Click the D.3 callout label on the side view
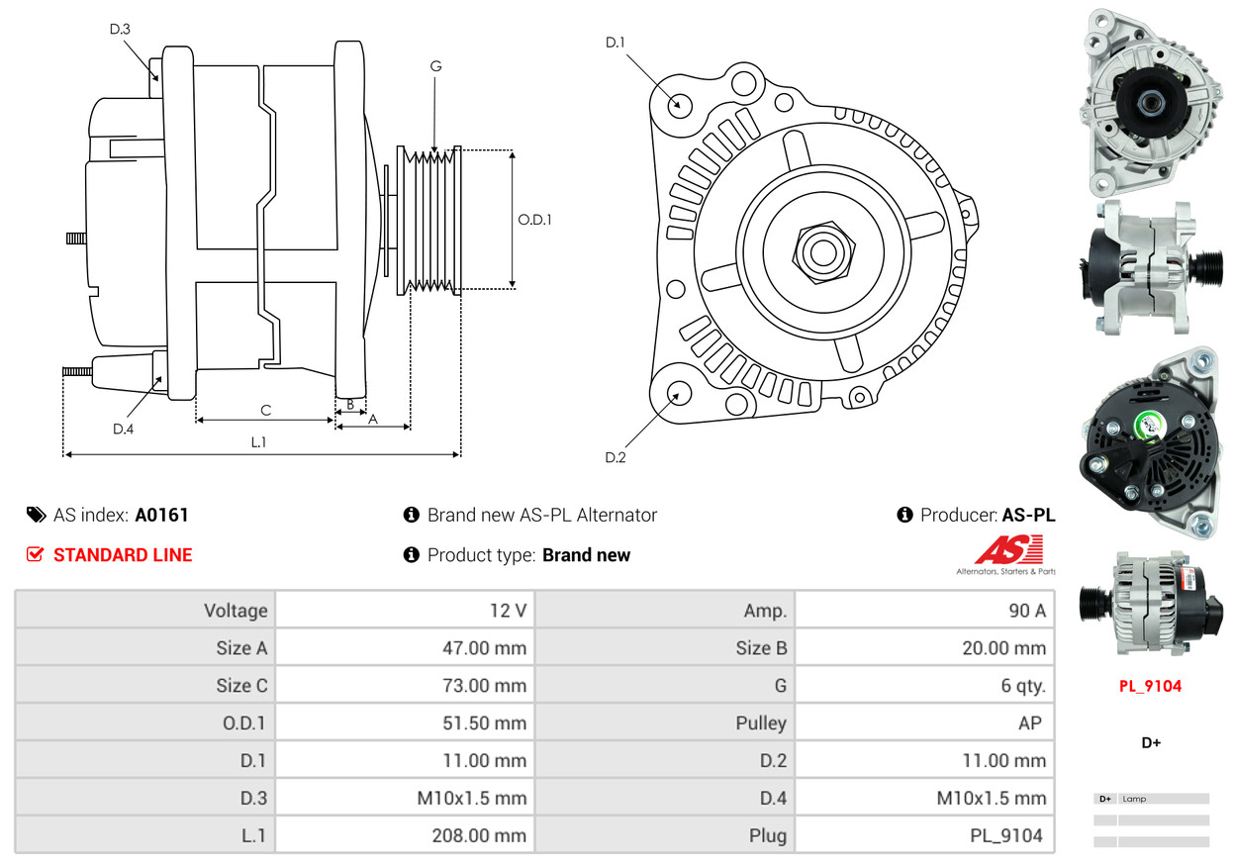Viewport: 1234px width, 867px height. tap(120, 29)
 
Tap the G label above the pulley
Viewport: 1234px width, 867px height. tap(435, 66)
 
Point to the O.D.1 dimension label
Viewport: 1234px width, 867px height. tap(534, 220)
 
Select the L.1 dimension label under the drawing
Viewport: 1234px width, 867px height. tap(258, 442)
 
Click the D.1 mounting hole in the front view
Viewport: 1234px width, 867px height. tap(679, 104)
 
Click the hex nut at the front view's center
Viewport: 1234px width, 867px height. tap(821, 250)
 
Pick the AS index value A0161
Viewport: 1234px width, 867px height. tap(161, 515)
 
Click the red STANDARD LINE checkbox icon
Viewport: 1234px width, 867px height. tap(36, 555)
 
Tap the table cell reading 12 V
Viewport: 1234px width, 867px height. tap(405, 610)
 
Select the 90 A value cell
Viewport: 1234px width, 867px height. tap(925, 610)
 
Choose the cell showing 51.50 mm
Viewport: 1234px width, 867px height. tap(405, 722)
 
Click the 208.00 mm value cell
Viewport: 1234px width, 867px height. tap(405, 835)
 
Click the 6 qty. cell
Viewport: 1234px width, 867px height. tap(925, 685)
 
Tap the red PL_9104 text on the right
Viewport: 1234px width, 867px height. tap(1150, 686)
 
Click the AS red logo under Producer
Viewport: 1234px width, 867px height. tap(1008, 549)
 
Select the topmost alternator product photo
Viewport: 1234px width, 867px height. tap(1151, 100)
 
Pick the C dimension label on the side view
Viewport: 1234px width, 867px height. tap(265, 410)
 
